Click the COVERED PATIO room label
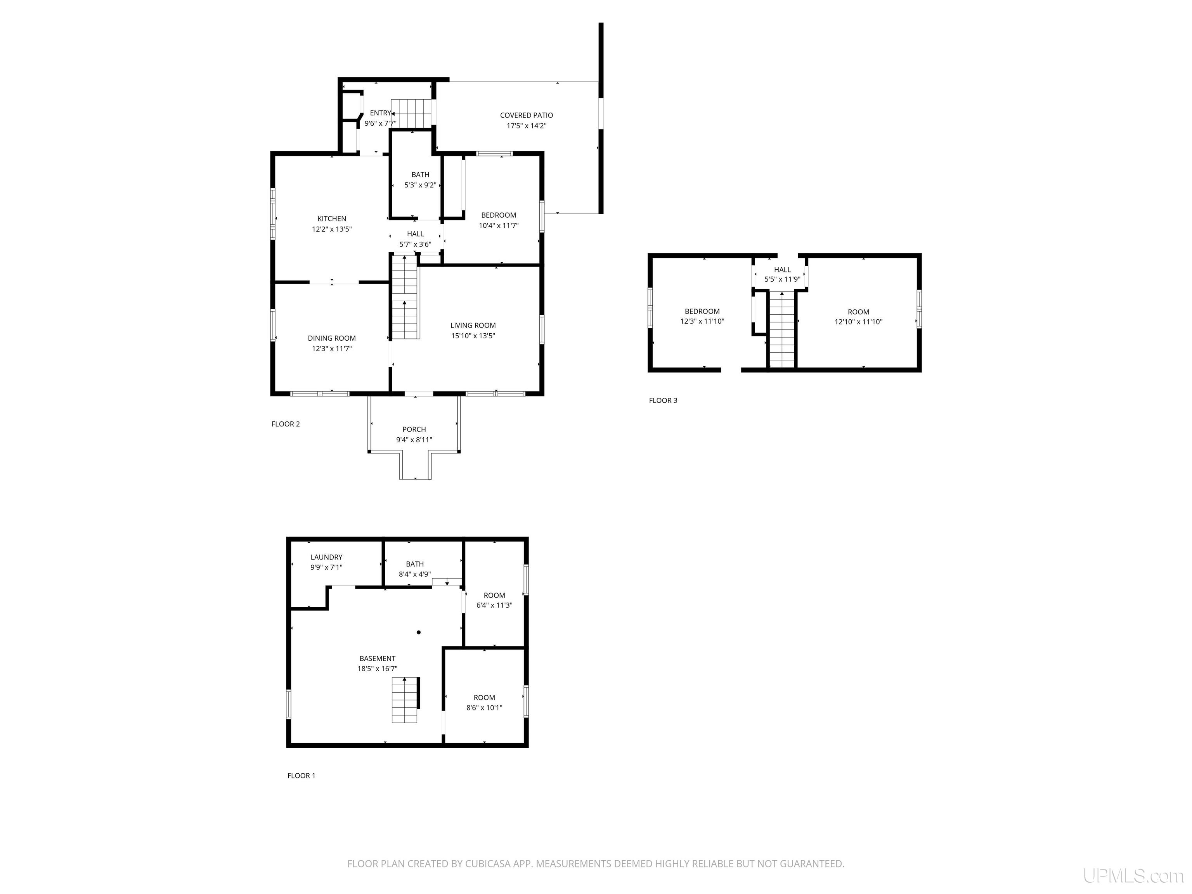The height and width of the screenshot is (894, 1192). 527,115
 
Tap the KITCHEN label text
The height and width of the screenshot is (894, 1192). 332,219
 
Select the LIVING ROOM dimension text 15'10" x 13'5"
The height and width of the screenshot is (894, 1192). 473,336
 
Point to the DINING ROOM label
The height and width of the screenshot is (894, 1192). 332,338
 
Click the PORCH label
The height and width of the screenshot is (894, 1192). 414,430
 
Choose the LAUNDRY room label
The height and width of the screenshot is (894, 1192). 327,557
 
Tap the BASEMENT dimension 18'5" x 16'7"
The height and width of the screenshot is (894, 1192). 378,669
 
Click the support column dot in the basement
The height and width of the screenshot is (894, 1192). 419,632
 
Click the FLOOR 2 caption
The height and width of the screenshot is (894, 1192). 286,424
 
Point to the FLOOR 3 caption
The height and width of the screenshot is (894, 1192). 664,400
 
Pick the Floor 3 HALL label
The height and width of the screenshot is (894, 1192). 783,270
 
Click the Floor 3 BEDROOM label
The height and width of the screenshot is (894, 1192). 702,312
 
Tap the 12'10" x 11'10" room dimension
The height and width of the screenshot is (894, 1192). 858,322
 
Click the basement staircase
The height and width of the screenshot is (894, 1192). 405,700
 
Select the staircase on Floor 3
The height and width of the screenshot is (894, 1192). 782,329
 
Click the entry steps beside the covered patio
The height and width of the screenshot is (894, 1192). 412,113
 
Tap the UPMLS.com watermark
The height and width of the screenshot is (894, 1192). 1133,876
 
